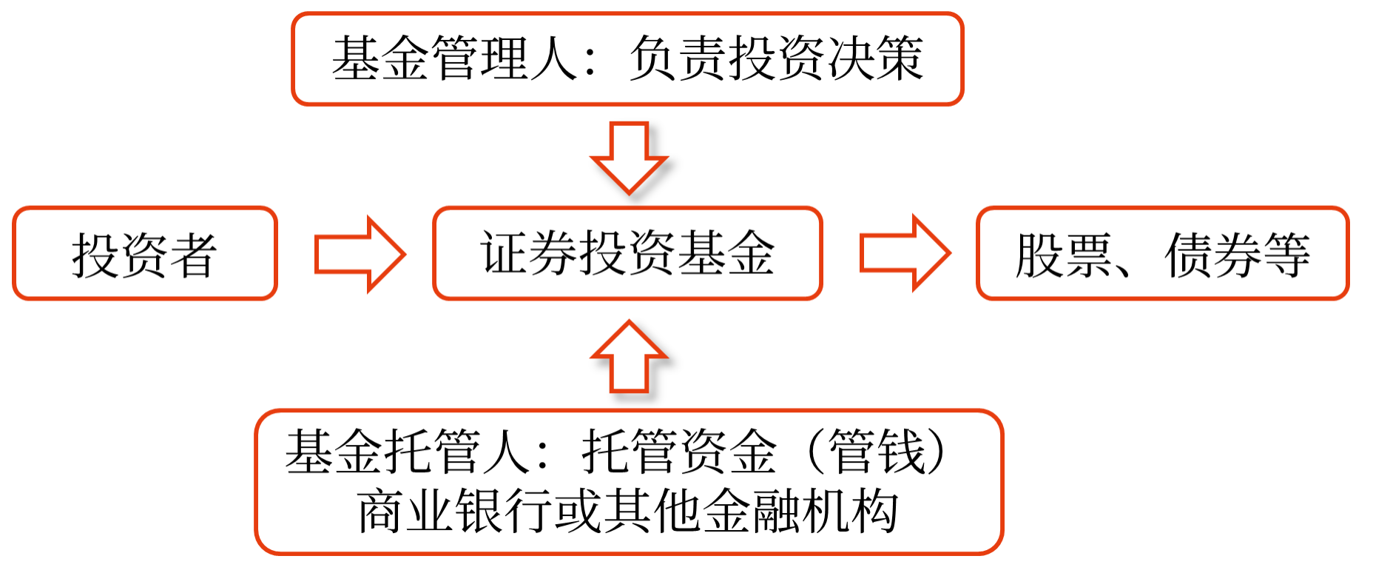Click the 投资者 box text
144,255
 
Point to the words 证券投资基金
627,253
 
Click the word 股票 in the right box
1064,255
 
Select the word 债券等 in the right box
1238,255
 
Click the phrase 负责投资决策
776,58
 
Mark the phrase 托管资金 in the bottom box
679,451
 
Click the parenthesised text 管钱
877,451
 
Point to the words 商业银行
455,511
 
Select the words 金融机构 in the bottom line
800,511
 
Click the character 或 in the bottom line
578,511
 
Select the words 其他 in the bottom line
652,511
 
